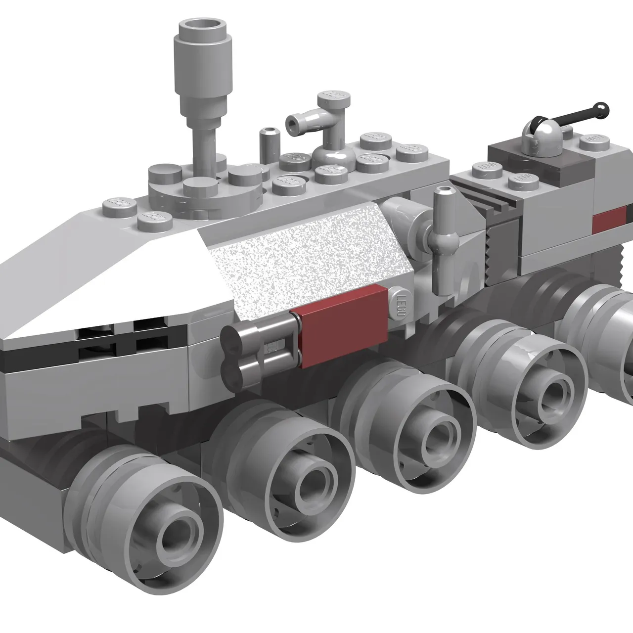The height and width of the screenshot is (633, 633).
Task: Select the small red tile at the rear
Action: tap(609, 219)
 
